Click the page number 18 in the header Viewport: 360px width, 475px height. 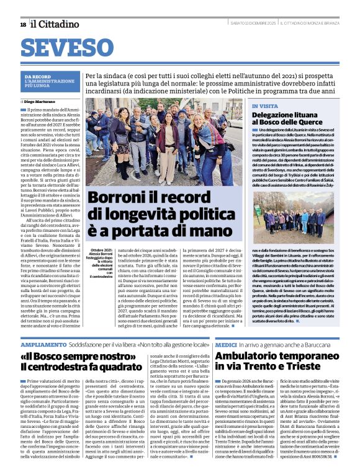click(23, 24)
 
